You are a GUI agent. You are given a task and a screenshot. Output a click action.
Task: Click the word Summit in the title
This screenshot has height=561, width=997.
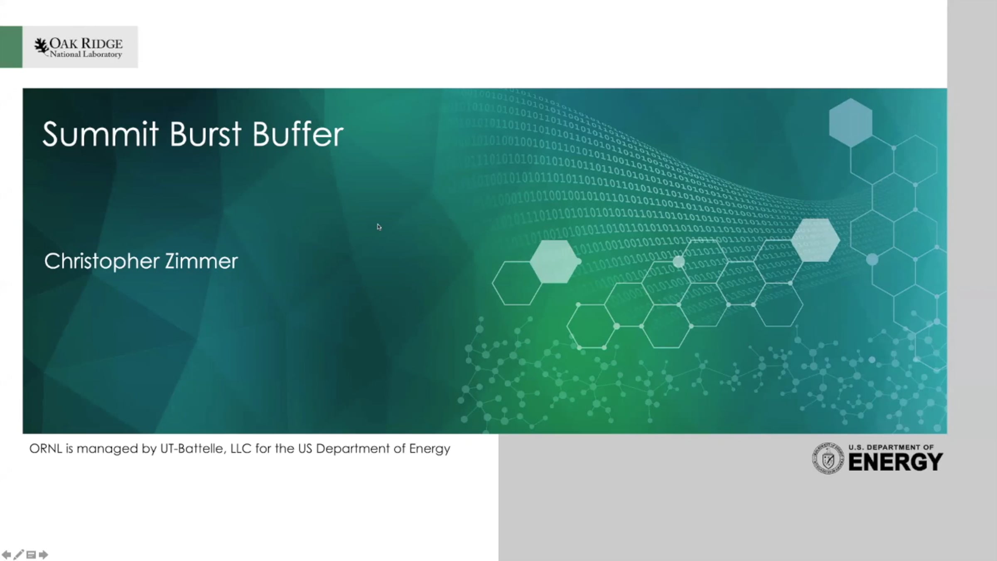pos(100,134)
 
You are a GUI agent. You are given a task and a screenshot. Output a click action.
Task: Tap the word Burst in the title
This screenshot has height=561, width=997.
pos(205,134)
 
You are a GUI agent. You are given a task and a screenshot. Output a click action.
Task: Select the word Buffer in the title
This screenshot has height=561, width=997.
pos(298,134)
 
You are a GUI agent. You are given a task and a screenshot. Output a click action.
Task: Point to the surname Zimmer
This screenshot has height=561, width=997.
pos(201,261)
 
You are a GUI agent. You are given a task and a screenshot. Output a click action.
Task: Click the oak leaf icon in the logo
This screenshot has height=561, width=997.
pos(41,47)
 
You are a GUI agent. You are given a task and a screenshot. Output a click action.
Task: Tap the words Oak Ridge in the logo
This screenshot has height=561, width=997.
pos(86,43)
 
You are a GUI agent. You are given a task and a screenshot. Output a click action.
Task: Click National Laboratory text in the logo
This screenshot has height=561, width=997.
pos(86,54)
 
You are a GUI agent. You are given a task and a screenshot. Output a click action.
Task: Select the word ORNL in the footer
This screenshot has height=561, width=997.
pos(46,448)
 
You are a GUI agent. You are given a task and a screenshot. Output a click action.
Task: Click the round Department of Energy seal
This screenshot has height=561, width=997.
pos(828,458)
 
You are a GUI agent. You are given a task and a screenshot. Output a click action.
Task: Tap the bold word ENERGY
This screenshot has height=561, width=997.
pos(896,462)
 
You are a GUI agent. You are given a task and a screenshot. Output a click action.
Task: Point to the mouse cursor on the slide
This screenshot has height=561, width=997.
pos(379,227)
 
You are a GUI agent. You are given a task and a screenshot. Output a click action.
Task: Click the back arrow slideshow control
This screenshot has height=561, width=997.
pos(6,554)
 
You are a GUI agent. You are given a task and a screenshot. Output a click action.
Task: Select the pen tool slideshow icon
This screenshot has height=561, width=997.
pos(19,554)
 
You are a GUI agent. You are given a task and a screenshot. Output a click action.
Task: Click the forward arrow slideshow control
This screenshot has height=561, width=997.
pos(44,554)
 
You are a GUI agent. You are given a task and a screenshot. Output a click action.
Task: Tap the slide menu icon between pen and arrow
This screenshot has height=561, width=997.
pos(31,555)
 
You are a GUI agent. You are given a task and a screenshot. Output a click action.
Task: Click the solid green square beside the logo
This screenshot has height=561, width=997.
pos(11,47)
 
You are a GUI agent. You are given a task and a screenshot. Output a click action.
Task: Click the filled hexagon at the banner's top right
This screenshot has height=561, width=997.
pos(850,123)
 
